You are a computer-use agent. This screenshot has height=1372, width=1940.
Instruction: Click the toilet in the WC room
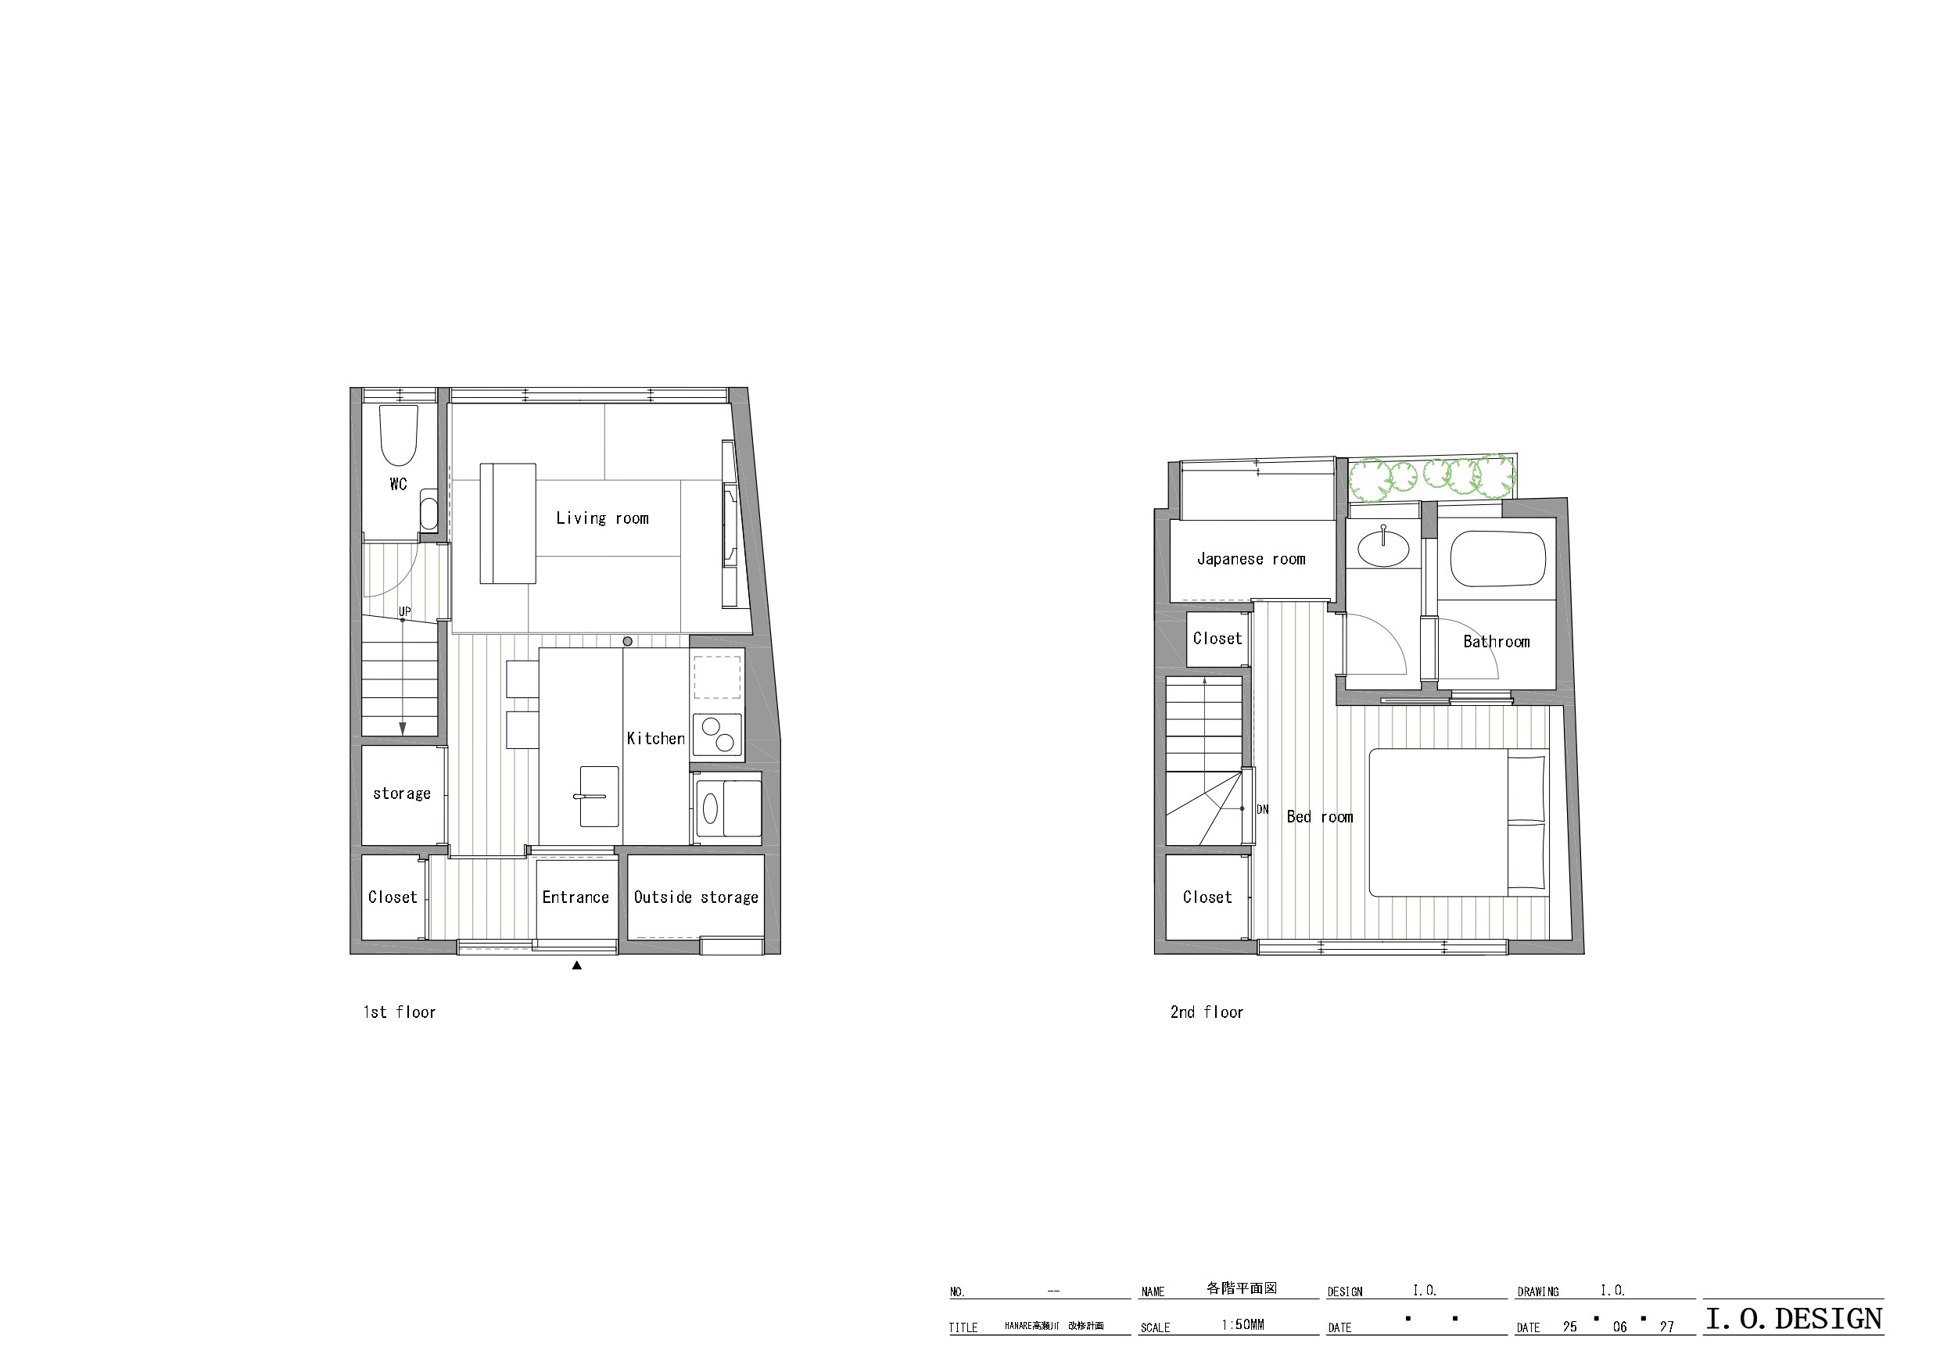tap(399, 435)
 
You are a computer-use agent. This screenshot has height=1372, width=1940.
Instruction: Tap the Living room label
tap(602, 518)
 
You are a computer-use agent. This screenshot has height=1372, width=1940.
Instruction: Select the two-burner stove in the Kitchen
tap(717, 734)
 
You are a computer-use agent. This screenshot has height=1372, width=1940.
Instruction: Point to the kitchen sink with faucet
tap(599, 796)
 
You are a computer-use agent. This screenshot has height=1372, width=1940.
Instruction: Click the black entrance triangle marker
tap(577, 965)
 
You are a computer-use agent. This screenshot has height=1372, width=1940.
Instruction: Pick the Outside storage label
tap(696, 897)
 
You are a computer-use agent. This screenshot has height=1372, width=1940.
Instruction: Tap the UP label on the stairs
tap(405, 611)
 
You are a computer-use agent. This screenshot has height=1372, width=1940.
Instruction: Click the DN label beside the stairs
tap(1262, 809)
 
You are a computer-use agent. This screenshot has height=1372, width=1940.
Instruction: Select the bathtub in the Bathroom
tap(1498, 558)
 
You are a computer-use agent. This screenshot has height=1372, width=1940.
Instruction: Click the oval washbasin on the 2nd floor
tap(1383, 549)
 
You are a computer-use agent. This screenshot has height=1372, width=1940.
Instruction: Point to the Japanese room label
tap(1251, 558)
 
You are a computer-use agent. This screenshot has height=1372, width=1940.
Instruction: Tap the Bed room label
tap(1320, 817)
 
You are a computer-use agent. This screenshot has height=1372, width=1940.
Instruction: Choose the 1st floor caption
tap(400, 1012)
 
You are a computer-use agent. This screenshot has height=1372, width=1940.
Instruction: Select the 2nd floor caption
tap(1207, 1012)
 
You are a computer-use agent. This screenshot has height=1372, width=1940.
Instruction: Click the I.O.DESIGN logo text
tap(1794, 1319)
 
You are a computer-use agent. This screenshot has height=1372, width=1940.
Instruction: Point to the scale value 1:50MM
tap(1243, 1324)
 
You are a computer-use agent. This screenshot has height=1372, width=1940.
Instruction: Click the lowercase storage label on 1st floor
tap(402, 793)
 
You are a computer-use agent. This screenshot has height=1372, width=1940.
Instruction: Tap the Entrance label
tap(576, 897)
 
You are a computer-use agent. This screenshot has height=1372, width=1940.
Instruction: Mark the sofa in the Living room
tap(507, 523)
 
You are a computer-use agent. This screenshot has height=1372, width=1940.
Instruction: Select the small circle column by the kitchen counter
tap(627, 641)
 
